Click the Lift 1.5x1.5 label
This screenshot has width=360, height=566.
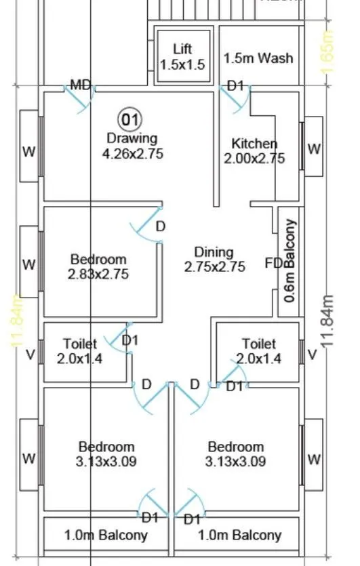point(182,56)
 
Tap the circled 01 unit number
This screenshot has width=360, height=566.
point(129,121)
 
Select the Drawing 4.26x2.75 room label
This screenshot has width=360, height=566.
point(132,146)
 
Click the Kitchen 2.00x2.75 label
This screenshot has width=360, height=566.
point(254,150)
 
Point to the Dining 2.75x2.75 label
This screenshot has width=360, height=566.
point(214,260)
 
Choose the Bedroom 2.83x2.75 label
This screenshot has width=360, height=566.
point(98,266)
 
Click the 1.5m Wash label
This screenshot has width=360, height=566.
point(258,58)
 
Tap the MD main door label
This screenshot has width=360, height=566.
point(81,85)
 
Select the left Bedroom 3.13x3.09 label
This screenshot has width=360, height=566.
point(106,454)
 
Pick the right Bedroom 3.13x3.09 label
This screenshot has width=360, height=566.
point(236,454)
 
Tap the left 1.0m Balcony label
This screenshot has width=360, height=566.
point(106,535)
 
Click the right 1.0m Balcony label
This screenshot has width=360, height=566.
point(239,535)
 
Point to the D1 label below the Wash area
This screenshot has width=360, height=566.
point(235,86)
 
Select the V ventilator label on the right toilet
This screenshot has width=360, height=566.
point(312,355)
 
